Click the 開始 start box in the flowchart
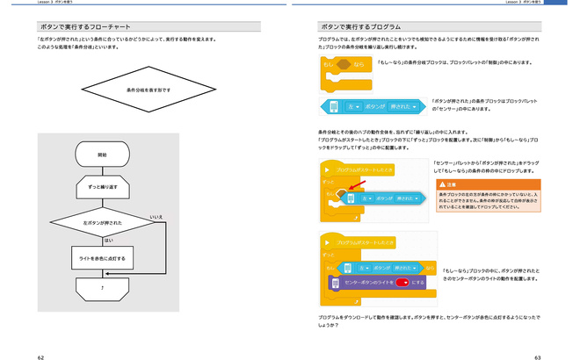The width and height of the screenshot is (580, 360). pos(103,155)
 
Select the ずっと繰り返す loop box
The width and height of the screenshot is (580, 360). pos(103,187)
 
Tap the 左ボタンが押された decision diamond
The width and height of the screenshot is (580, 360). pos(103,224)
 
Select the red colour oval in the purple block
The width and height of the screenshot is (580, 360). pos(403,283)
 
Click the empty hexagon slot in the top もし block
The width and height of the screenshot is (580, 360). pos(344,65)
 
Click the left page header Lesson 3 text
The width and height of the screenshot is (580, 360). pos(53,3)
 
